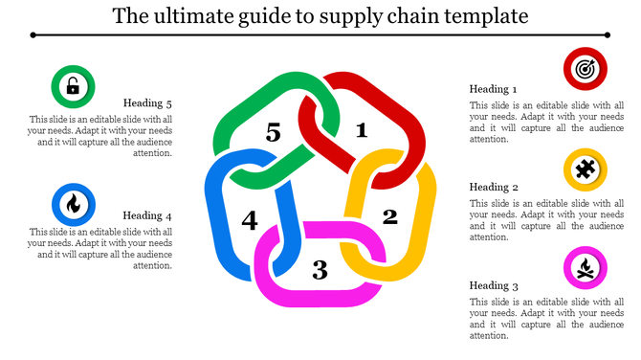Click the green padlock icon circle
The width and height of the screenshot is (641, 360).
(x=73, y=88)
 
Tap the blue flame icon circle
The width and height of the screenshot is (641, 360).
(x=73, y=203)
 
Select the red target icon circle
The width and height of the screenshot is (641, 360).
(x=585, y=69)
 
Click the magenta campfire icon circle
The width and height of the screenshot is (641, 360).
(x=584, y=267)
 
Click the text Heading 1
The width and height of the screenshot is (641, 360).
(x=494, y=89)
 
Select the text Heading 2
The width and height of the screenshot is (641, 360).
(x=494, y=187)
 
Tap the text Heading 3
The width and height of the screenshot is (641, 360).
(x=494, y=285)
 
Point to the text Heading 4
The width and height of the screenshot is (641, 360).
(x=147, y=215)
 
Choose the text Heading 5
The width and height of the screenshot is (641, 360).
(x=147, y=103)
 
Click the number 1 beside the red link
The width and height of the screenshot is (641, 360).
(x=361, y=130)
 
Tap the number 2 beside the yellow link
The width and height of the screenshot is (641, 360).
(x=389, y=215)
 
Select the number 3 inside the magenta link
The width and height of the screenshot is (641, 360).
(x=320, y=270)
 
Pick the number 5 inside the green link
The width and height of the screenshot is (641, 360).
(x=274, y=133)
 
